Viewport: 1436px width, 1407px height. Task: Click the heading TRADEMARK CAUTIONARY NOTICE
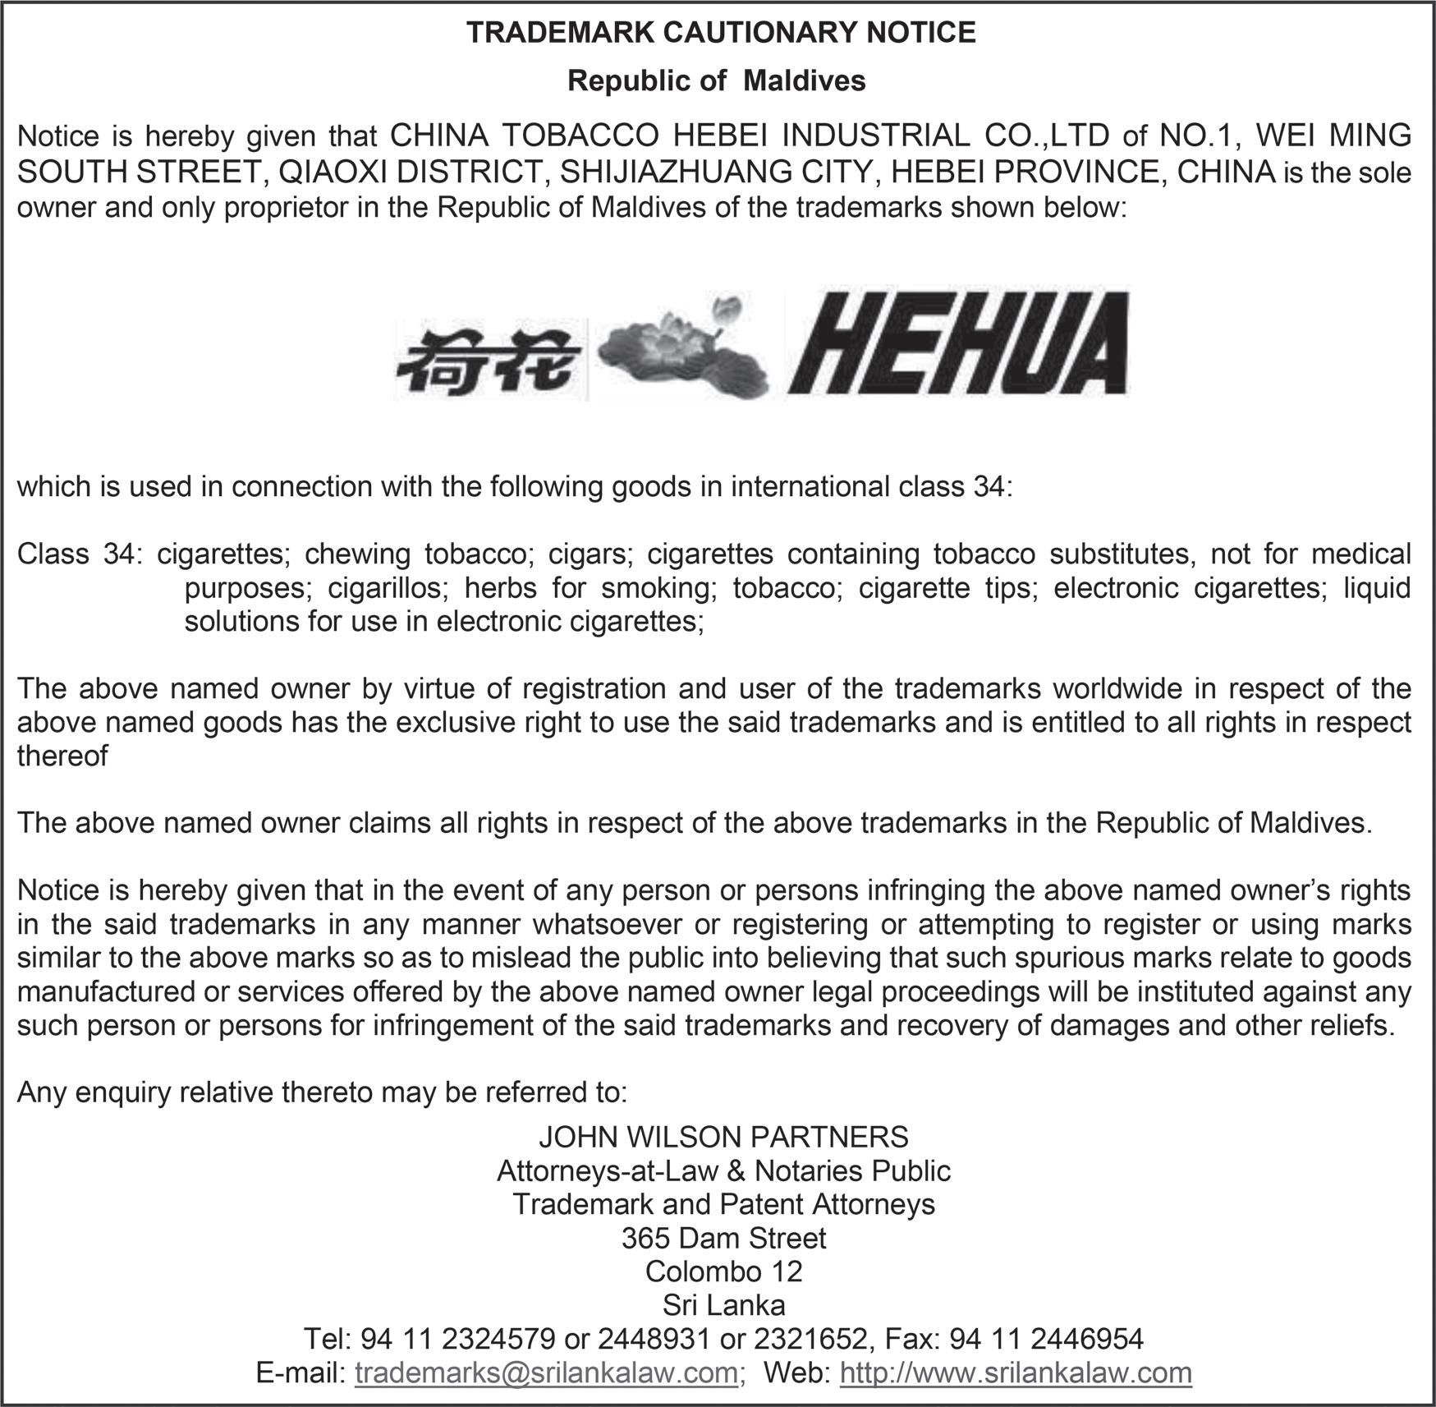[x=721, y=33]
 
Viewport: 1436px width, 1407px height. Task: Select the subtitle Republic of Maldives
[x=717, y=80]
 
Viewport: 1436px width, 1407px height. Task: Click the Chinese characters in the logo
[x=489, y=362]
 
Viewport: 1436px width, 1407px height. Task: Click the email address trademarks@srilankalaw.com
[x=546, y=1373]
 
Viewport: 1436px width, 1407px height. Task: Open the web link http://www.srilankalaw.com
[x=1016, y=1373]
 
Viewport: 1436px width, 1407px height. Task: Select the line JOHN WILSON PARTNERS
[x=723, y=1137]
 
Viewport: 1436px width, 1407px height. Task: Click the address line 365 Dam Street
[x=723, y=1238]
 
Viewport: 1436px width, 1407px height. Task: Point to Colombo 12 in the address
[x=723, y=1271]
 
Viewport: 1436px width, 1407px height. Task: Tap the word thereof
[x=62, y=756]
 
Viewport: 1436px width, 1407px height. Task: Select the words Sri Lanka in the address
[x=723, y=1305]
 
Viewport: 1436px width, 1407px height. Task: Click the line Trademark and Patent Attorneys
[x=723, y=1204]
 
